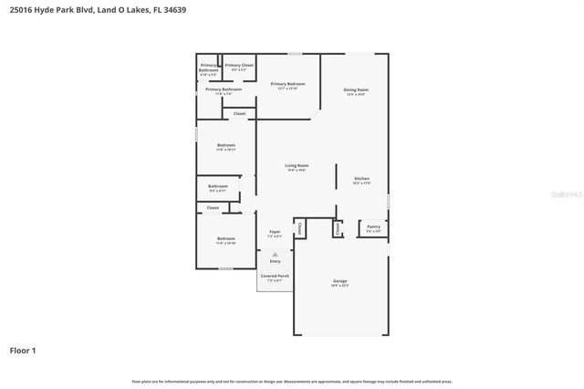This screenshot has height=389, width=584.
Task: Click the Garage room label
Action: pos(339,282)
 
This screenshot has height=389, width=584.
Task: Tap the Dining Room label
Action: pos(355,90)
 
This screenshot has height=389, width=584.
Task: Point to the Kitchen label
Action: pos(361,180)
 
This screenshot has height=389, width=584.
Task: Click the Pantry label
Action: pos(373,227)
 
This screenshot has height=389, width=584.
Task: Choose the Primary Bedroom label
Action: pos(287,85)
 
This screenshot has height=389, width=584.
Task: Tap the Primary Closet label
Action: pos(239,67)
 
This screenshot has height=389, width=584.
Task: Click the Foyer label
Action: pos(275,233)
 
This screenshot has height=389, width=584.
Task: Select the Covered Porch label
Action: pos(275,277)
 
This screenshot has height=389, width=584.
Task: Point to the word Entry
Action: pos(275,261)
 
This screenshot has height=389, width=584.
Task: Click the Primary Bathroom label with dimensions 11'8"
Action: pos(223,90)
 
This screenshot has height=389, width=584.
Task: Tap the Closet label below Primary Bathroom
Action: pos(239,113)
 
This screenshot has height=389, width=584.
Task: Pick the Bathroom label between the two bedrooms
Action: pos(218,187)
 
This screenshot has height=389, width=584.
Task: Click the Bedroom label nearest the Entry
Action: pos(225,242)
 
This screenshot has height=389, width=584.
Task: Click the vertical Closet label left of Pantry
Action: pos(337,228)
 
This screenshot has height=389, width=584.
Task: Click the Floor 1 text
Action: pos(23,350)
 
